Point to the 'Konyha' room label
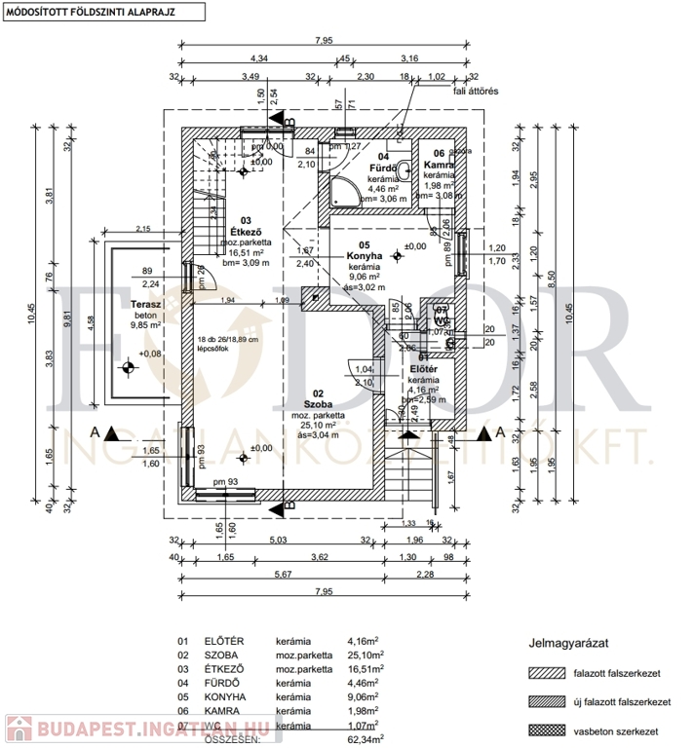click(x=363, y=257)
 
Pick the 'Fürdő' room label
click(x=380, y=168)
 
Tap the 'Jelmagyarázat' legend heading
click(x=569, y=643)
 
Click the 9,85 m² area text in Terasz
click(x=145, y=326)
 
